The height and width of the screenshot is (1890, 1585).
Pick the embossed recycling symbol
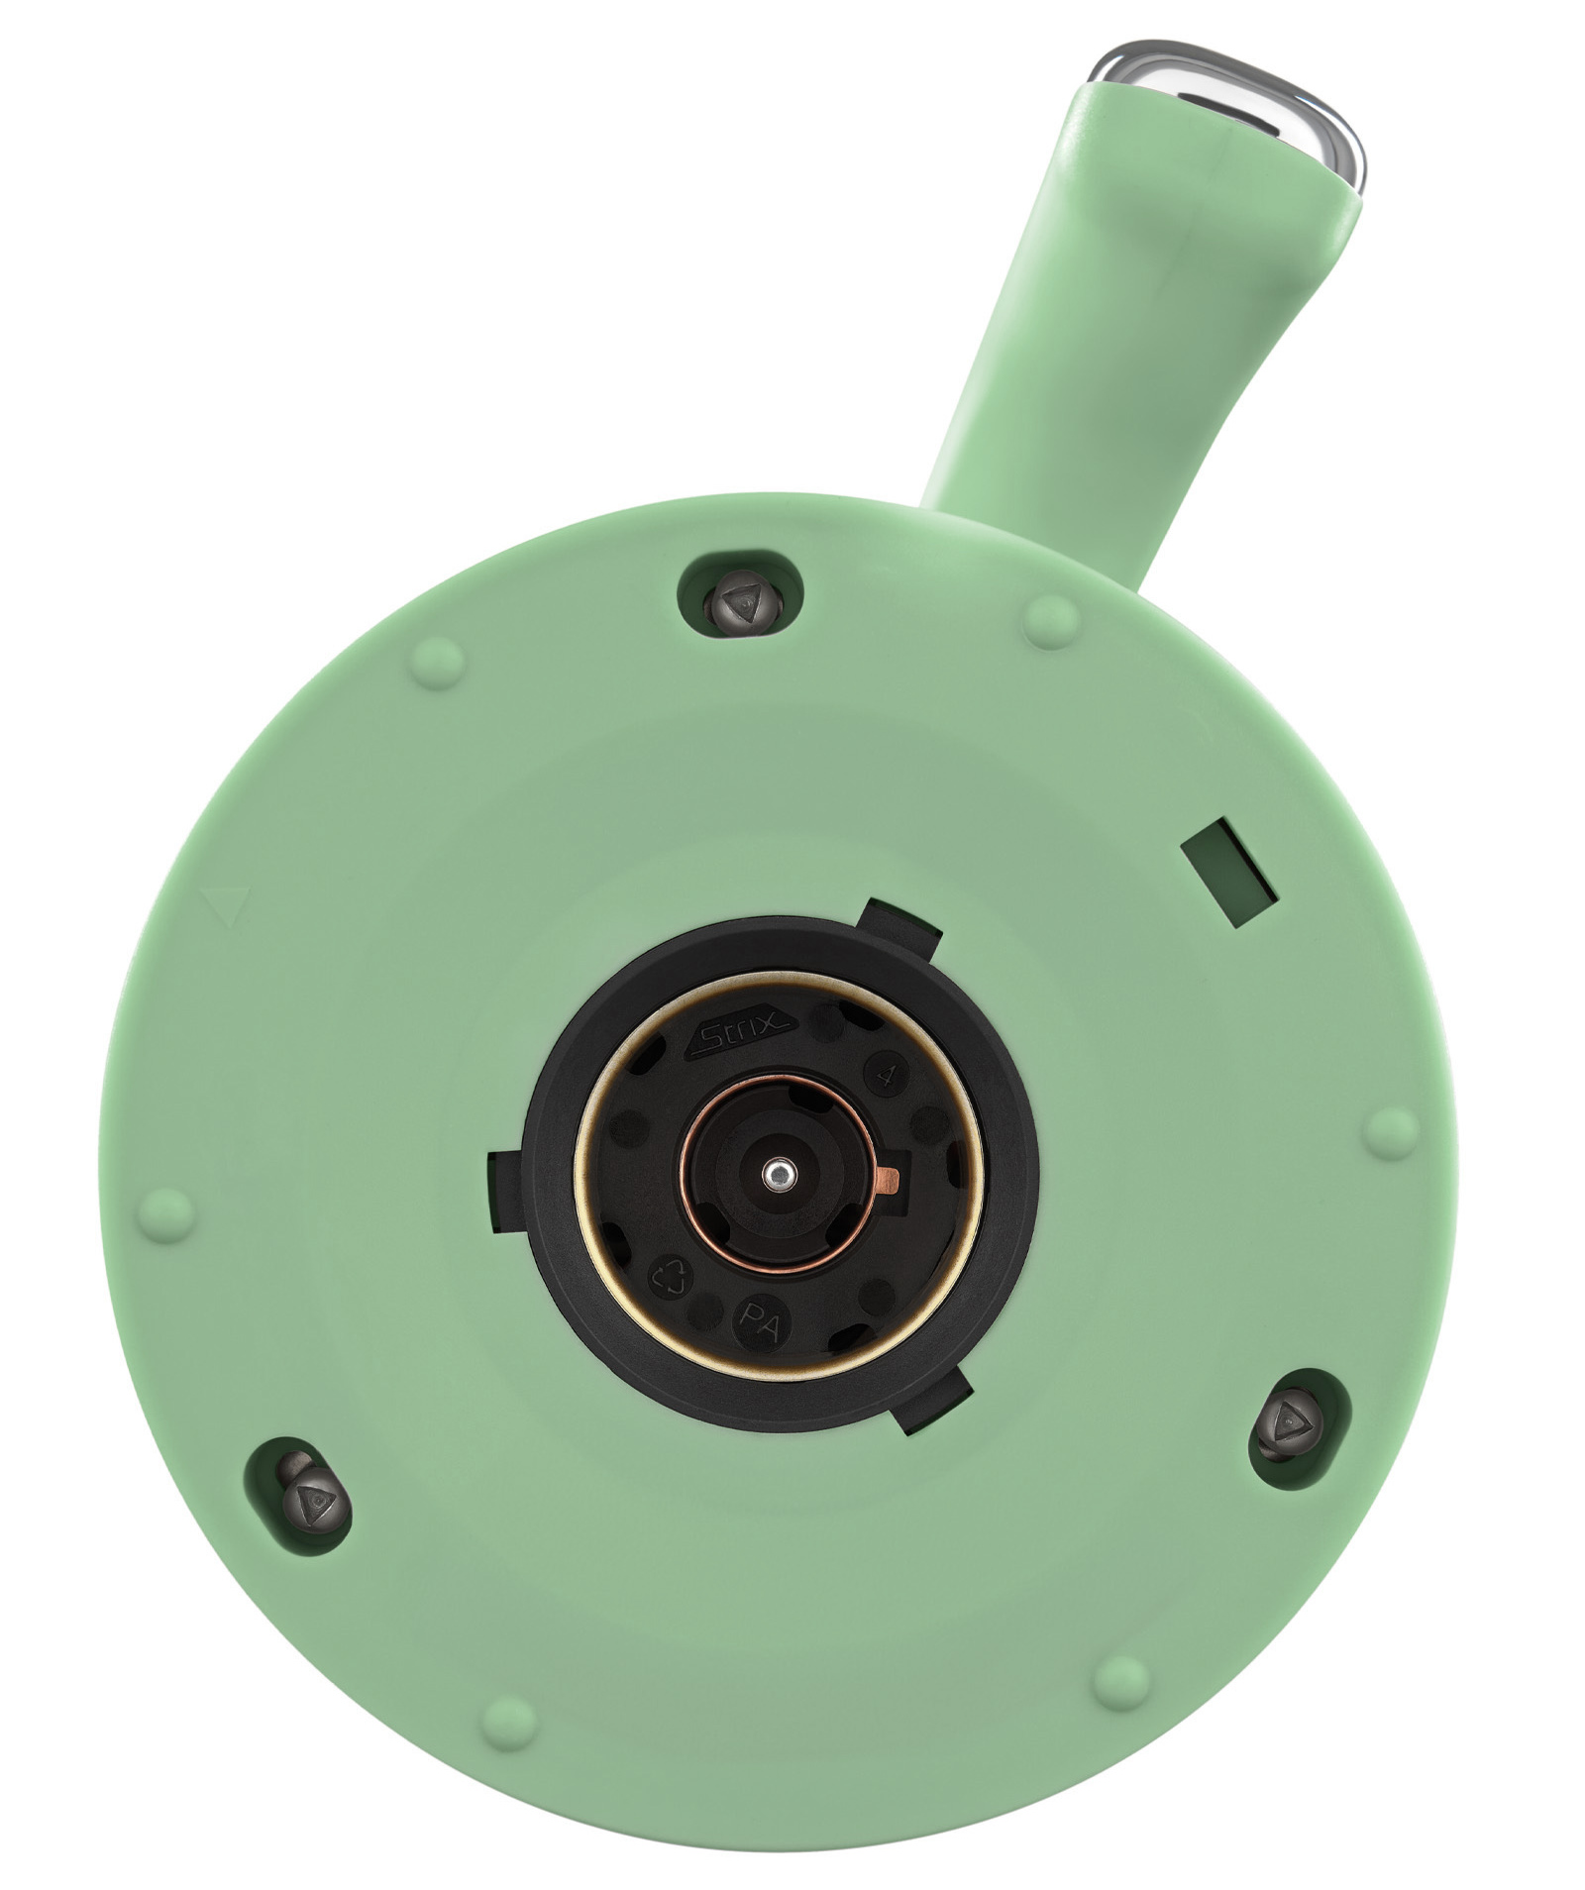coord(666,1277)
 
